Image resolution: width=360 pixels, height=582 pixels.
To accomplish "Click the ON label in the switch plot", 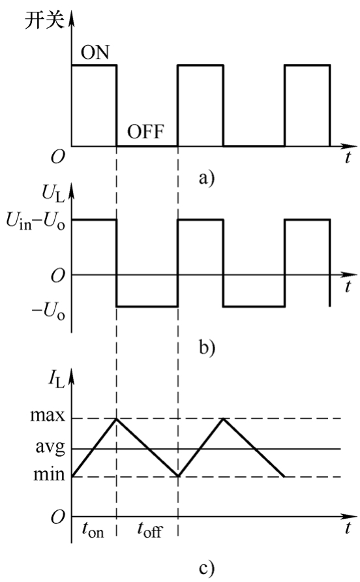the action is click(x=95, y=52).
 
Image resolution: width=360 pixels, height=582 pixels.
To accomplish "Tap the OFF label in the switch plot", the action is click(x=145, y=131).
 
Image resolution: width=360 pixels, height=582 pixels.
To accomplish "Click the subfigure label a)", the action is click(x=206, y=178).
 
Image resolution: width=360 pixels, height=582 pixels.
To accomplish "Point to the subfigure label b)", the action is click(x=207, y=348).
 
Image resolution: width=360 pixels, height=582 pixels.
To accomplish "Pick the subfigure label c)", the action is click(x=206, y=568).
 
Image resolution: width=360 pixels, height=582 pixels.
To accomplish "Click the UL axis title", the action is click(x=53, y=194).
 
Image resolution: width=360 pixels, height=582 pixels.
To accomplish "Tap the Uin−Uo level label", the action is click(x=36, y=222).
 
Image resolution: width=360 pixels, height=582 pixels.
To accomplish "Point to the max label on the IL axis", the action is click(x=48, y=416).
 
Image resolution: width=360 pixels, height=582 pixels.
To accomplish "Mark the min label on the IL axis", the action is click(x=49, y=474).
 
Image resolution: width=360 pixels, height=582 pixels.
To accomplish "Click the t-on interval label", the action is click(x=93, y=530).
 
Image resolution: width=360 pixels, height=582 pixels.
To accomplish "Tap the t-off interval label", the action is click(x=150, y=530).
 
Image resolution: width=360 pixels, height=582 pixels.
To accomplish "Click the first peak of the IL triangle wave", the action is click(x=117, y=419).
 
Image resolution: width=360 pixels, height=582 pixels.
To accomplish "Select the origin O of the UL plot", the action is click(x=57, y=276).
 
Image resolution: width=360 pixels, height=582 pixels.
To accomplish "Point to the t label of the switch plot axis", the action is click(x=348, y=157).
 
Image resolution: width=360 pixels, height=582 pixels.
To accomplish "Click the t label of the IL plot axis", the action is click(x=348, y=527).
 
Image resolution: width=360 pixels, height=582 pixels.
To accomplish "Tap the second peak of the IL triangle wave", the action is click(x=223, y=419).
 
